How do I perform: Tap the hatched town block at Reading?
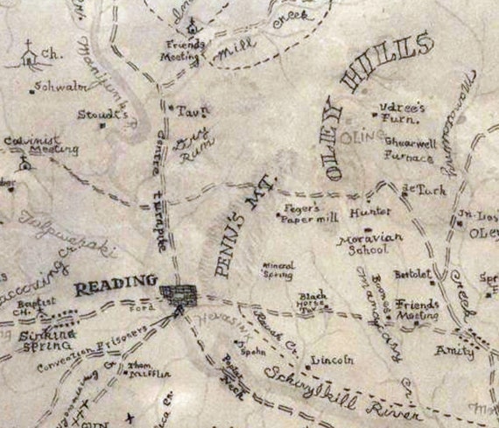[179, 291]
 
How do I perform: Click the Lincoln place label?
[332, 359]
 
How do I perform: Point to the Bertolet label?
[412, 274]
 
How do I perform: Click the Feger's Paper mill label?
[304, 214]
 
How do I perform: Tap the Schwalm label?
[53, 87]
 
